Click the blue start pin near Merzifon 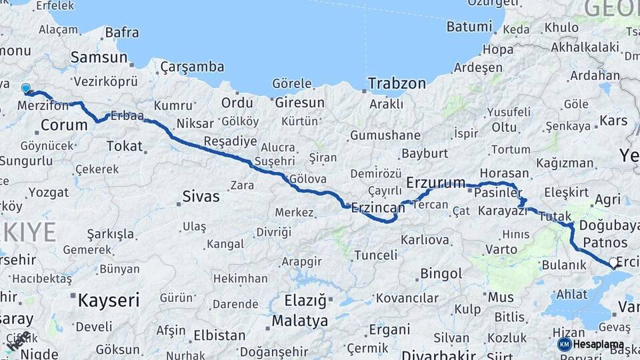point(26,88)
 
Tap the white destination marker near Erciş point(613,263)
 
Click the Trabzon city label point(397,84)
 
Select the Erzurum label point(435,183)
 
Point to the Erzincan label point(378,208)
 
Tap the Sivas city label point(201,197)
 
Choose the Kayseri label point(109,300)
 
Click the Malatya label point(300,321)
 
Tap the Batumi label point(469,27)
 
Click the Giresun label point(299,103)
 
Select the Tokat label point(124,146)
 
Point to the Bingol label point(441,273)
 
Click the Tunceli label point(375,255)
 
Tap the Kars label point(613,121)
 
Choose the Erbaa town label point(127,116)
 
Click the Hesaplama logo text point(599,345)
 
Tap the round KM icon point(565,344)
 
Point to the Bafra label point(122,32)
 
